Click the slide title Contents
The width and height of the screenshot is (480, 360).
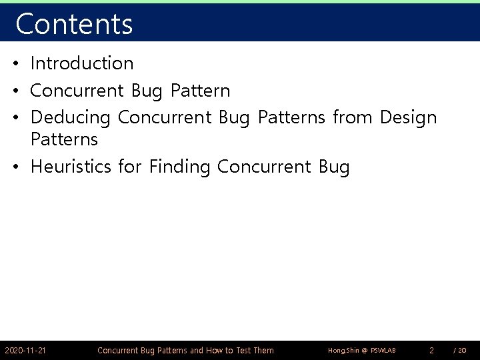tap(74, 23)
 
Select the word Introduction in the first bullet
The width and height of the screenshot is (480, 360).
tap(82, 63)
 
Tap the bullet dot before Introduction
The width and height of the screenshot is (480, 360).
tap(15, 64)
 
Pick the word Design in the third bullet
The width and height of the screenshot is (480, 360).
tap(408, 117)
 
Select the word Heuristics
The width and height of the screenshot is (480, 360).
tap(71, 167)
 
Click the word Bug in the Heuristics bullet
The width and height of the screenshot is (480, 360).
tap(334, 167)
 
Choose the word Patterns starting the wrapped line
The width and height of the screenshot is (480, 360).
tap(64, 139)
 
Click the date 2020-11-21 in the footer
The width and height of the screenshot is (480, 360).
tap(25, 350)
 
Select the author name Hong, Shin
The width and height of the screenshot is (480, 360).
tap(345, 350)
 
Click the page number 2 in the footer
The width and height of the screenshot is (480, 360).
tap(431, 350)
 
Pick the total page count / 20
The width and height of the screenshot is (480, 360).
tap(459, 350)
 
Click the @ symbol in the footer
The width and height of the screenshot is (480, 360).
tap(365, 350)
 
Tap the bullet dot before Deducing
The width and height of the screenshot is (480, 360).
tap(15, 118)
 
